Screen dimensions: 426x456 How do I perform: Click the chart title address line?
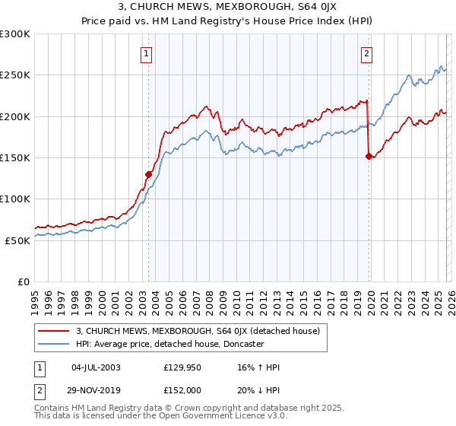[x=228, y=8]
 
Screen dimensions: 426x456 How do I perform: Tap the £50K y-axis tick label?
[x=18, y=240]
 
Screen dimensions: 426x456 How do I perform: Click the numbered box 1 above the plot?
[x=146, y=53]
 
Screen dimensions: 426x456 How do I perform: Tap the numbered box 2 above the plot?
[x=367, y=53]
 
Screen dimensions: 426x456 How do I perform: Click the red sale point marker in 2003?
[x=149, y=174]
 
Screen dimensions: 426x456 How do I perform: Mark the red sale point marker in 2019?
[x=369, y=156]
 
